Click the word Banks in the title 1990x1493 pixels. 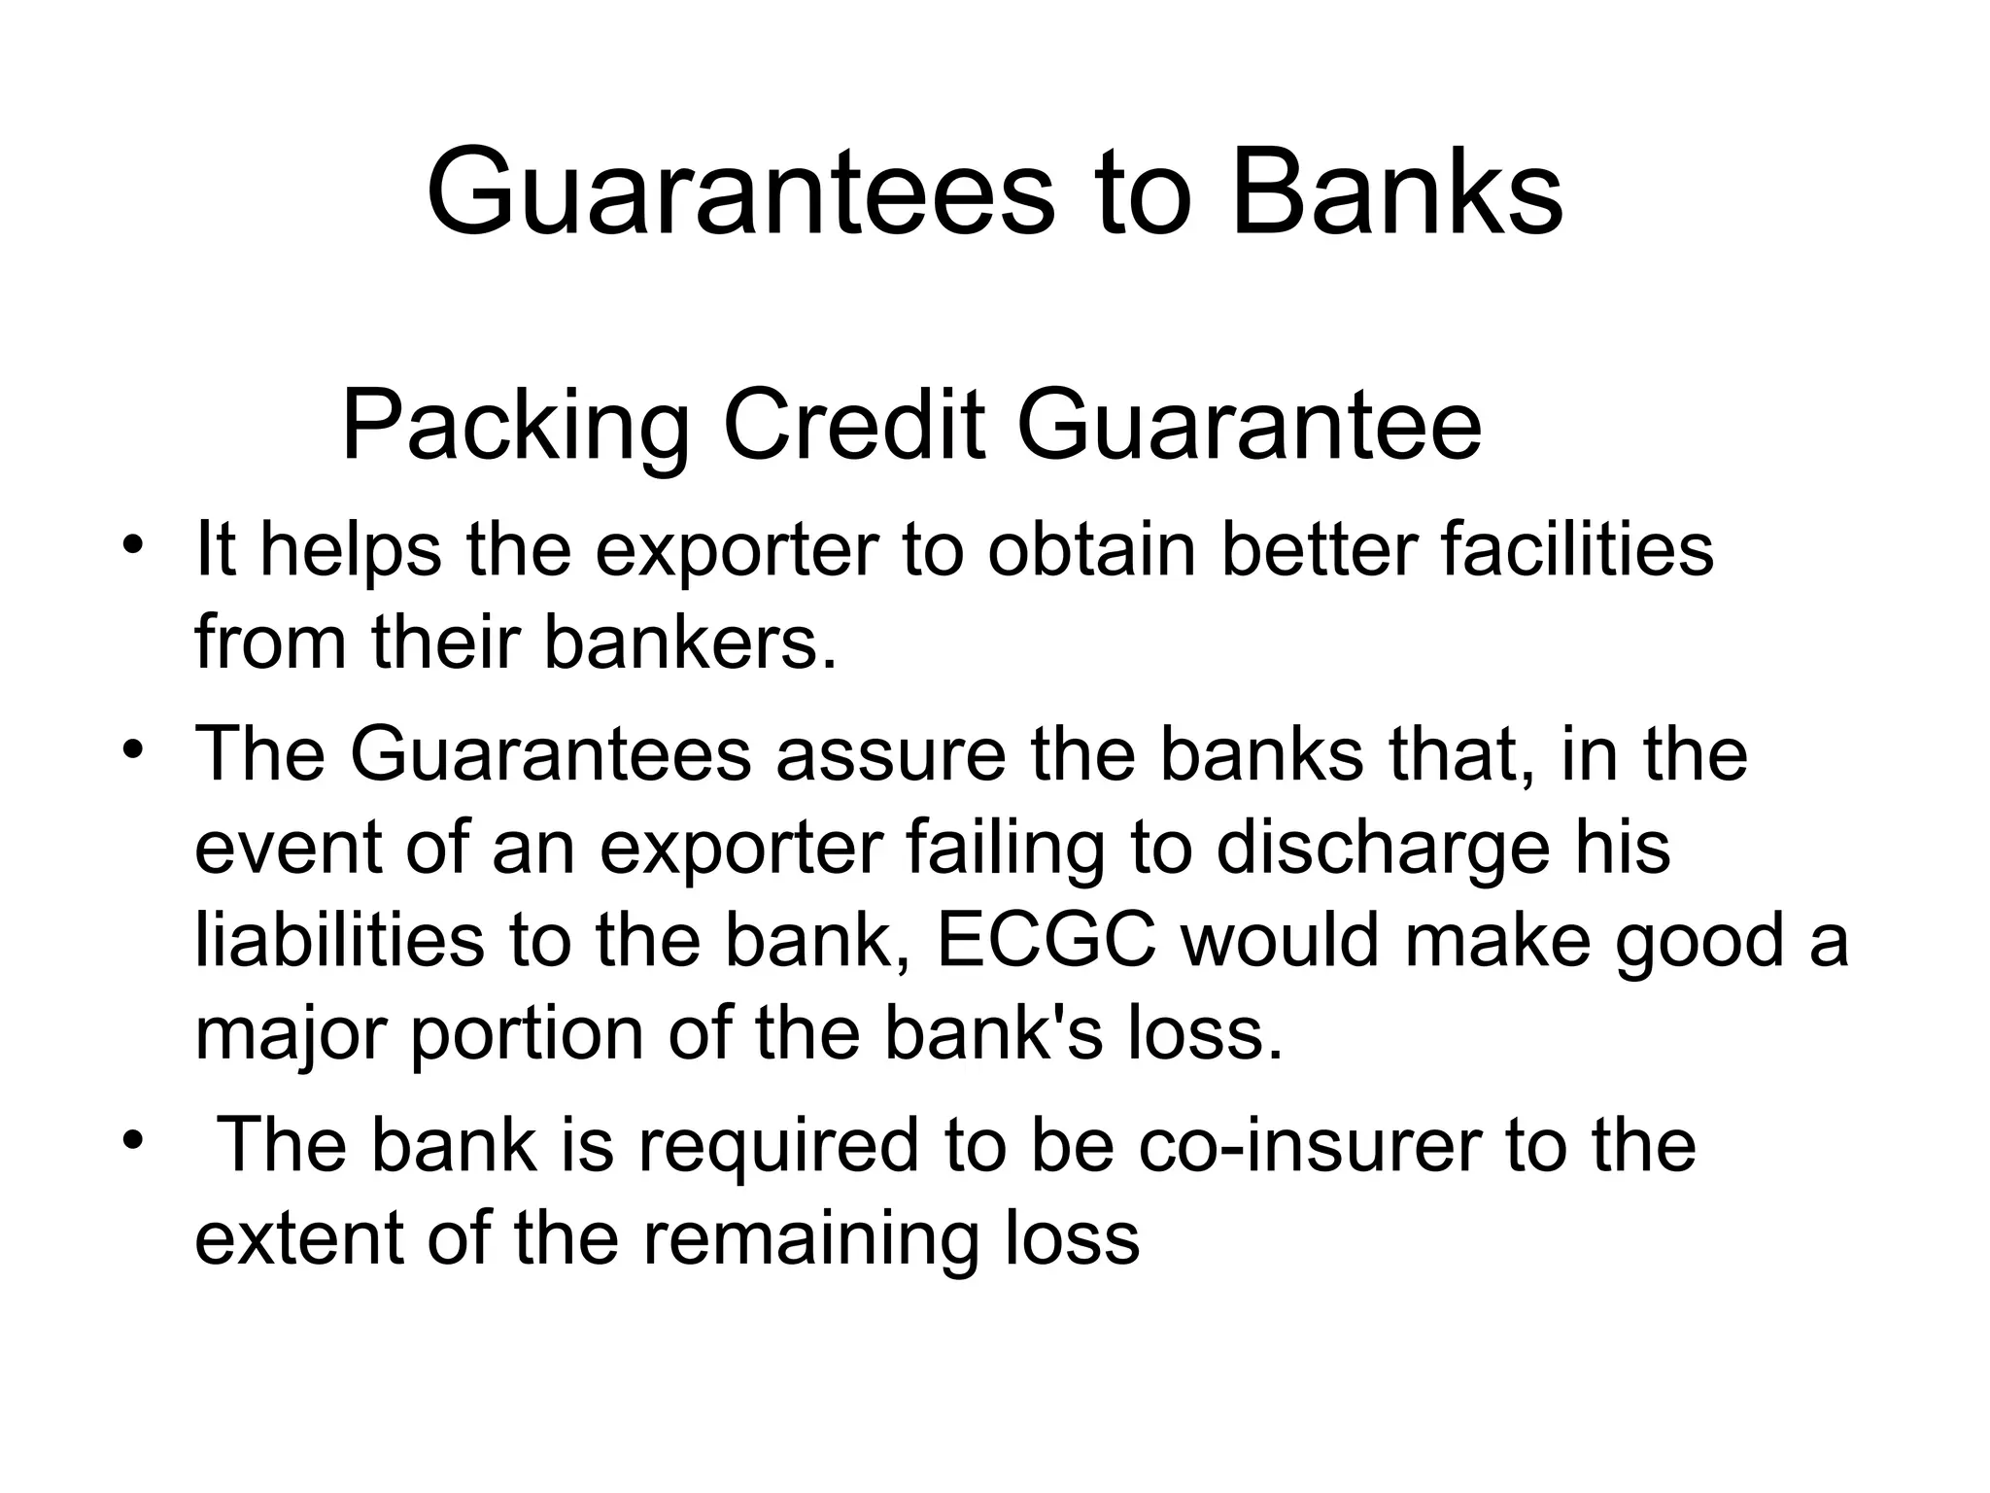[1397, 192]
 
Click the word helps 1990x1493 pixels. [350, 550]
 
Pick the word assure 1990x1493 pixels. [890, 754]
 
